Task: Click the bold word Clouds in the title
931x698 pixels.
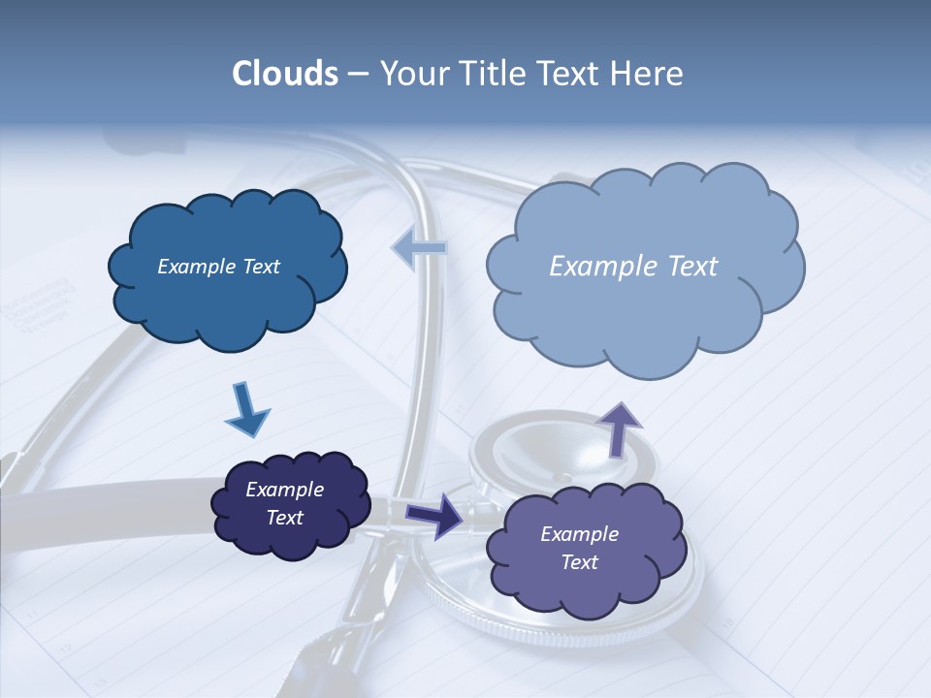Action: pyautogui.click(x=284, y=74)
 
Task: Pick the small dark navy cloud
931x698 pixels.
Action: pyautogui.click(x=290, y=503)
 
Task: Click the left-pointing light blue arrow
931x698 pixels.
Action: pyautogui.click(x=421, y=249)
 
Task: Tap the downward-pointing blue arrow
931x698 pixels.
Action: pyautogui.click(x=246, y=409)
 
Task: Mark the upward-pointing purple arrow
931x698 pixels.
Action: pyautogui.click(x=619, y=428)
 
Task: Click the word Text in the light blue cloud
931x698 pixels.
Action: pyautogui.click(x=685, y=267)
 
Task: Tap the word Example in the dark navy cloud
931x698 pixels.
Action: pyautogui.click(x=284, y=490)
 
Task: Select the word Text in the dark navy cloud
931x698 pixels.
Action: pyautogui.click(x=284, y=518)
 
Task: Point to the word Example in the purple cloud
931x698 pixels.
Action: pyautogui.click(x=579, y=534)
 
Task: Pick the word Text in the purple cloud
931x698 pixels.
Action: pyautogui.click(x=579, y=562)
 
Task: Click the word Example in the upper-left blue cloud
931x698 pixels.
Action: pyautogui.click(x=194, y=267)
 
